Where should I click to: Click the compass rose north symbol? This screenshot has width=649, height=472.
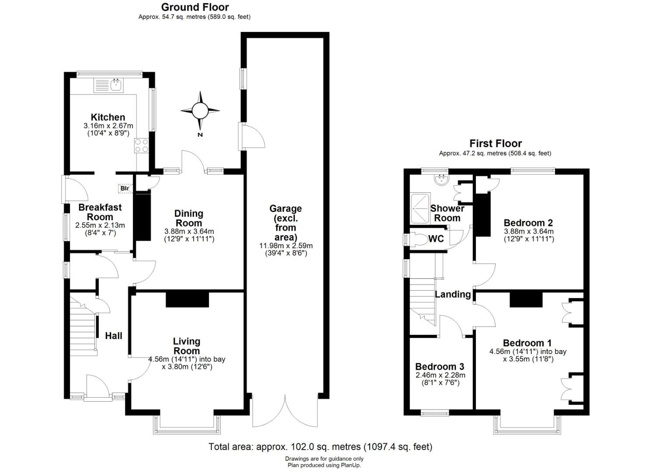(200, 111)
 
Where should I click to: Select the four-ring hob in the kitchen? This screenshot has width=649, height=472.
(142, 146)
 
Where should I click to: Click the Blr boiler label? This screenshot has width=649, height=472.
(125, 189)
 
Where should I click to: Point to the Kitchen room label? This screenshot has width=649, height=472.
(108, 117)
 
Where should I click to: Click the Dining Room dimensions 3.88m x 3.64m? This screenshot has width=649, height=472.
(189, 232)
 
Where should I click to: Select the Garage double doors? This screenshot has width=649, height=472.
(285, 410)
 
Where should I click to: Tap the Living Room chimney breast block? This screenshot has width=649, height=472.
(187, 299)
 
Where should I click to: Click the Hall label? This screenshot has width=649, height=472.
(114, 336)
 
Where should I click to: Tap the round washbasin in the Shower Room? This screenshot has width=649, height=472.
(441, 180)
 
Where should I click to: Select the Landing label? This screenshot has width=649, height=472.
(453, 295)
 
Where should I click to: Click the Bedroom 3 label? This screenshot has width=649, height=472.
(440, 367)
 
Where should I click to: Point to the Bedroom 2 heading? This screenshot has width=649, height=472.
(528, 222)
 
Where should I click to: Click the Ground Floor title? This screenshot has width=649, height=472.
(195, 7)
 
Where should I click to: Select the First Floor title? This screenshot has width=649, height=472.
(496, 143)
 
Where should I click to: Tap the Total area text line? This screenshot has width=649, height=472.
(320, 447)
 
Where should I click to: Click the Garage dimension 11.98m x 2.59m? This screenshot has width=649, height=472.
(286, 246)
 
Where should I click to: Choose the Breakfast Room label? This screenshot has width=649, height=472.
(100, 212)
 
